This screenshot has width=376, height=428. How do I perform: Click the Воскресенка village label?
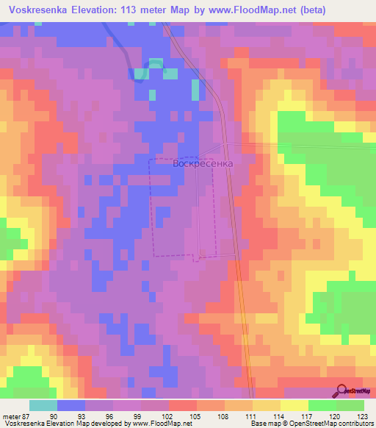(203, 164)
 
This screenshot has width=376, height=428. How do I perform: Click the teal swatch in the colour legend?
(43, 406)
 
